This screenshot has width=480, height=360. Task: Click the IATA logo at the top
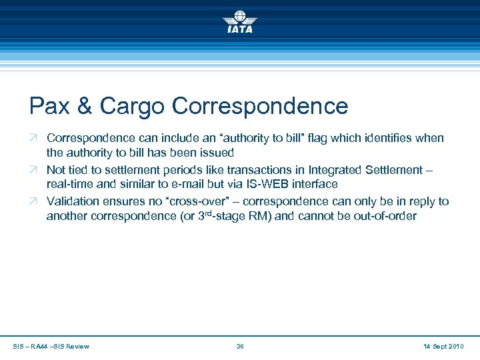coord(239,21)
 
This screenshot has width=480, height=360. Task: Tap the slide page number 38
coord(240,346)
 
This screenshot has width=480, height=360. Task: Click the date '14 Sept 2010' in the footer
coord(443,346)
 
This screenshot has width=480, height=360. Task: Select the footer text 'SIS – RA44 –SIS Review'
coord(51,346)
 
